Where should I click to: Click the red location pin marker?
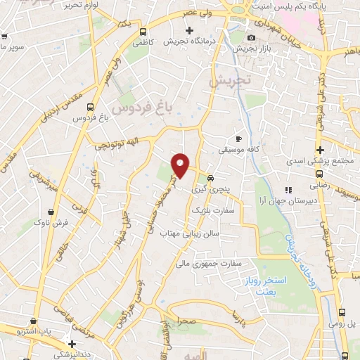click(181, 165)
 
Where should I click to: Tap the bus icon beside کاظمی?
click(143, 32)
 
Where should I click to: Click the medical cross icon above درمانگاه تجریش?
click(189, 30)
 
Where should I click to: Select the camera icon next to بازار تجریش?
click(252, 37)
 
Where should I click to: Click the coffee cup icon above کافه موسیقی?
click(238, 139)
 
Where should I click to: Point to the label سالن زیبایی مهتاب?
click(190, 233)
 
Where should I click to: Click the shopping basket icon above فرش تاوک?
click(51, 212)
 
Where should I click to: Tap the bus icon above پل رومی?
click(342, 313)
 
